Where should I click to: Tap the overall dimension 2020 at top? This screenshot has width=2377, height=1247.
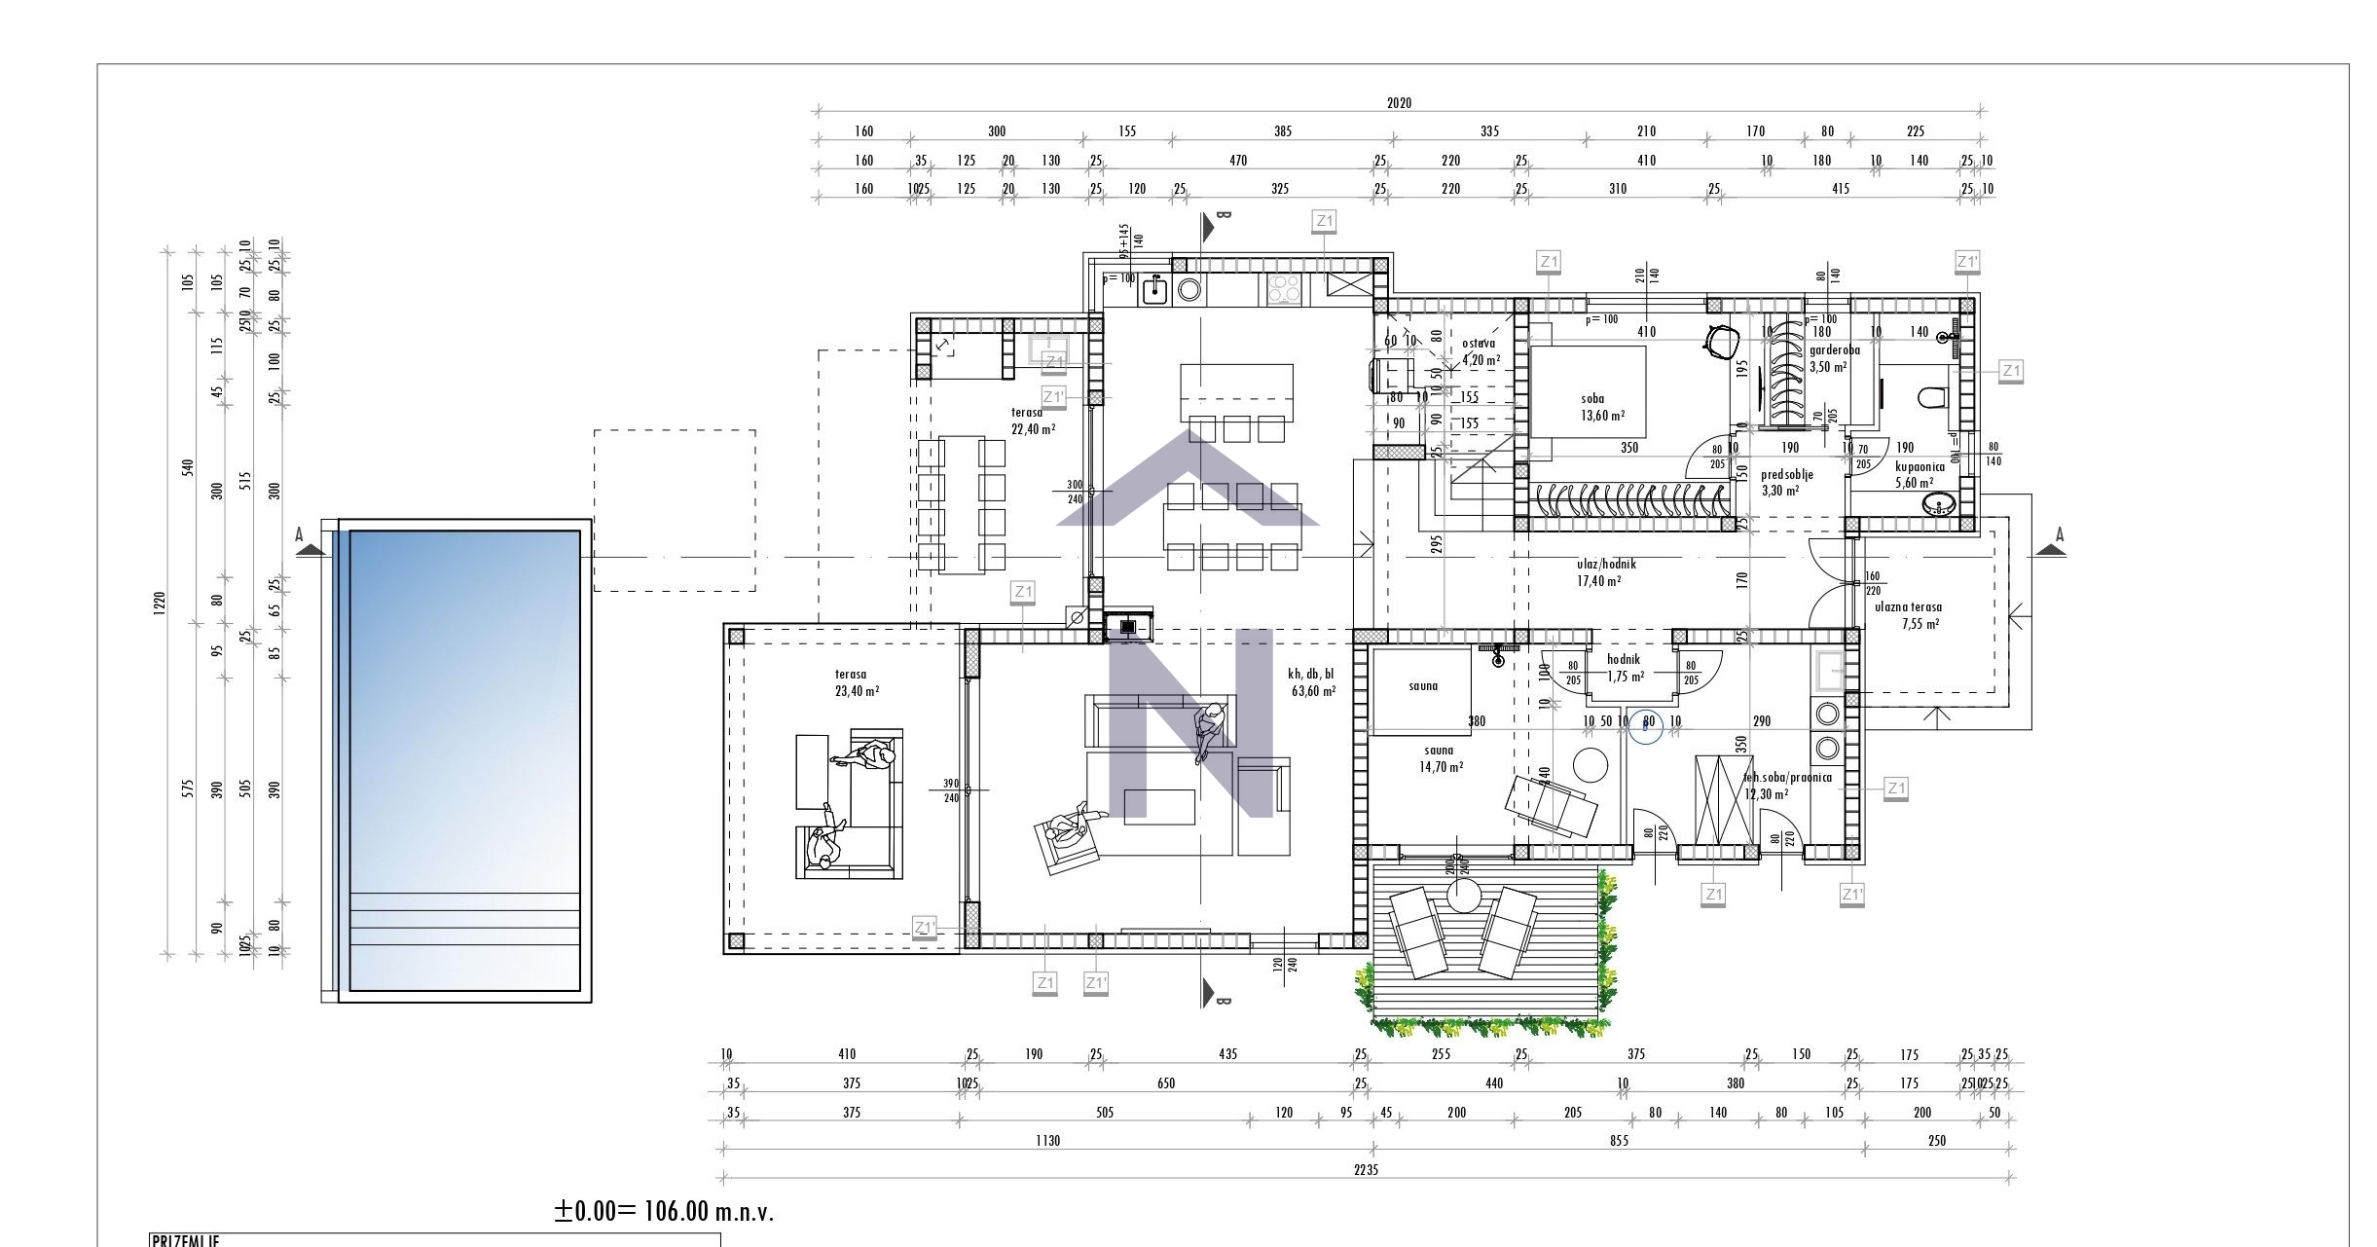coord(1399,102)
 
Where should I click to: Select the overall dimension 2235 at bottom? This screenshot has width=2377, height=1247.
coord(1366,1170)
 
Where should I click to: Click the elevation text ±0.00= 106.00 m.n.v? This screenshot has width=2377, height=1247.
coord(664,1212)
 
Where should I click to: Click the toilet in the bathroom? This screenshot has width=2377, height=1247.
coord(1930,397)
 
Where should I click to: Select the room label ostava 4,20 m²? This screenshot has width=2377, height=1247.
coord(1480,350)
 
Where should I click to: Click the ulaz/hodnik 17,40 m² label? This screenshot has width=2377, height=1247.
coord(1605,572)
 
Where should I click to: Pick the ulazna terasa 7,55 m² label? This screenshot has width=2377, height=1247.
coord(1908,615)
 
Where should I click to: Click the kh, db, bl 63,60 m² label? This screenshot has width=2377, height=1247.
coord(1312,681)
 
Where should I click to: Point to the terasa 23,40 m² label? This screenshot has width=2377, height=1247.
coord(857,682)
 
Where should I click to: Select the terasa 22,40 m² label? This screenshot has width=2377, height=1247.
coord(1032,421)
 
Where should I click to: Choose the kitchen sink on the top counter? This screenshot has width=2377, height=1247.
coord(1153,289)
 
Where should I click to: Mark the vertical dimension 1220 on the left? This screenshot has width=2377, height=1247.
coord(160,604)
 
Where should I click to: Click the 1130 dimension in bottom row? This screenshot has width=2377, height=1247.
coord(1047,1141)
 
